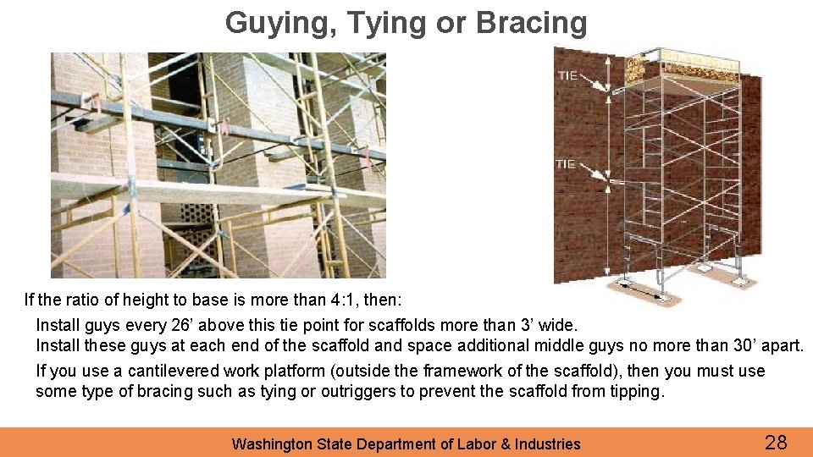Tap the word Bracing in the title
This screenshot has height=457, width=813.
[532, 24]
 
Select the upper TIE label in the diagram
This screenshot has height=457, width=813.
[567, 75]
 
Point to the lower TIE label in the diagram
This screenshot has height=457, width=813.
[565, 163]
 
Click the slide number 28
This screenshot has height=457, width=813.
[776, 442]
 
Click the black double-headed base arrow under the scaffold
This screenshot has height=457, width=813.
[642, 290]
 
